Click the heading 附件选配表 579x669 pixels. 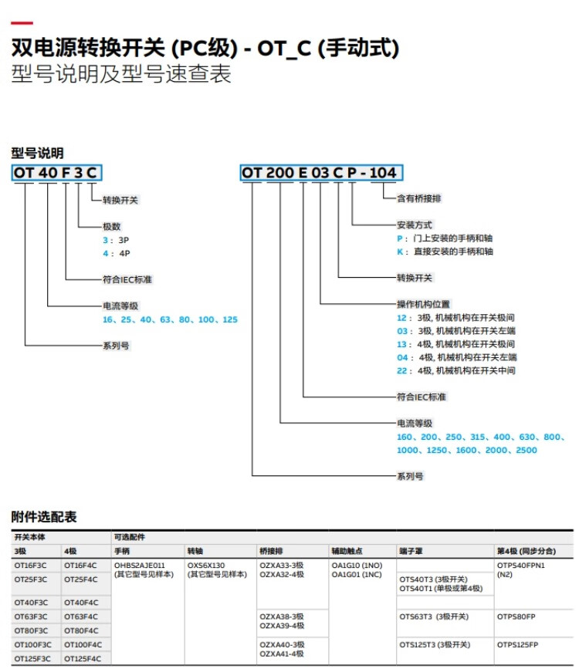[x=44, y=516]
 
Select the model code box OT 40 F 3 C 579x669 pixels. [x=56, y=172]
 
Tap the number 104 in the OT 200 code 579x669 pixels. [x=383, y=172]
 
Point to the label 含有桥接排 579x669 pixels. [x=419, y=198]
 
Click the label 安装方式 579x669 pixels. [x=415, y=225]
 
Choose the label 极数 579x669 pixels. [x=112, y=227]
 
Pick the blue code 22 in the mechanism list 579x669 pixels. [x=401, y=370]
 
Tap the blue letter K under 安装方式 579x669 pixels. [x=400, y=252]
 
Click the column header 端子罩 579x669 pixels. [x=409, y=551]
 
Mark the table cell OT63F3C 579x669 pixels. [x=31, y=617]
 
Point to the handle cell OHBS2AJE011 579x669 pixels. [x=140, y=566]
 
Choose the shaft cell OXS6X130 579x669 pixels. [x=206, y=566]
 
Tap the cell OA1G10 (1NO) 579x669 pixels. [x=357, y=566]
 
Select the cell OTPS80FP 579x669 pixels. [x=516, y=617]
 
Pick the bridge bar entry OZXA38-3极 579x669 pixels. [x=282, y=617]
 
